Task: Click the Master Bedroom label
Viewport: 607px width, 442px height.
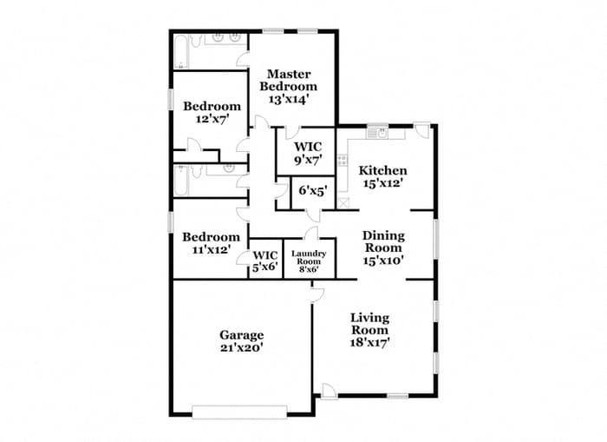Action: (290, 86)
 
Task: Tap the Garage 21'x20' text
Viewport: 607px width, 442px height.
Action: (241, 340)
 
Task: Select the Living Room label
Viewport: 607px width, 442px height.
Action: (369, 330)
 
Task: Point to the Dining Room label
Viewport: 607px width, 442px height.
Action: (382, 247)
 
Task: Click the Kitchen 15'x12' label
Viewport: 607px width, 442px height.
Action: (383, 176)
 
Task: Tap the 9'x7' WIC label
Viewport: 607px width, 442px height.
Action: (307, 154)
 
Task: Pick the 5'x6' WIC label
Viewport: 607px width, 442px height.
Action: (265, 261)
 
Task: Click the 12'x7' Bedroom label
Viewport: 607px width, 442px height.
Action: (212, 113)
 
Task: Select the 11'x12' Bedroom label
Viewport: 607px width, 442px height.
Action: (211, 243)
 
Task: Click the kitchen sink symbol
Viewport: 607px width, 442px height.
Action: (378, 134)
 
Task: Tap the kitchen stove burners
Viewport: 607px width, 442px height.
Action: (343, 161)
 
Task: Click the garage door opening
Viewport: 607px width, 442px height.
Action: (238, 411)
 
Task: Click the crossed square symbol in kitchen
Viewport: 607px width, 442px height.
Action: (343, 203)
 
